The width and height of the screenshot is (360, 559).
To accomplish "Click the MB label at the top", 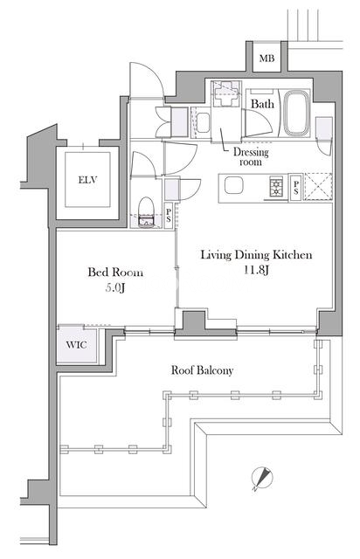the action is pos(267,58).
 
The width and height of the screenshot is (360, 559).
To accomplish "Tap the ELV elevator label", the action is pos(87,180).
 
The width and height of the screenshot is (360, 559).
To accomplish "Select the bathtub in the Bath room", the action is pos(296,113).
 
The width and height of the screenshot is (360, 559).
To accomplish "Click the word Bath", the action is pos(263,104).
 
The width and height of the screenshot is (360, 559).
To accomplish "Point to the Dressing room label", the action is pos(251,157).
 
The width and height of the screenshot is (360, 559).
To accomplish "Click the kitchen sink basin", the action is pos(233,185).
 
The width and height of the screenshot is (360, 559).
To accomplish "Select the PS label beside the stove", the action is pos(296,188).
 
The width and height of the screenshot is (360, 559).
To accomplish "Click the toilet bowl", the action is pos(146,211).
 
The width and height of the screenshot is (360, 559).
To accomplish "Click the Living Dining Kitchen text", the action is pos(256,255).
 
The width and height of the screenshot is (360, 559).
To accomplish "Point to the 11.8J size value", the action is pos(256,270).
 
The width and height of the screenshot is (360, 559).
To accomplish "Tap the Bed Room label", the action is pos(115,273).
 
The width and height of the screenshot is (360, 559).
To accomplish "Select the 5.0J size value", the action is pos(114,287).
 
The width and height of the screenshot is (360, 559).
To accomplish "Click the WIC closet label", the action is pos(76,345).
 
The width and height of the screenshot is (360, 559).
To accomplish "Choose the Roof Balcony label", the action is pos(203,370).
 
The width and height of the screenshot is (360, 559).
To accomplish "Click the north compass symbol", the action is pos(261,478).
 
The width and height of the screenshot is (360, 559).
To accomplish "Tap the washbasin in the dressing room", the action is pos(203,122).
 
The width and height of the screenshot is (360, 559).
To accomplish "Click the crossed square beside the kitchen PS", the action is pos(318,186).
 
